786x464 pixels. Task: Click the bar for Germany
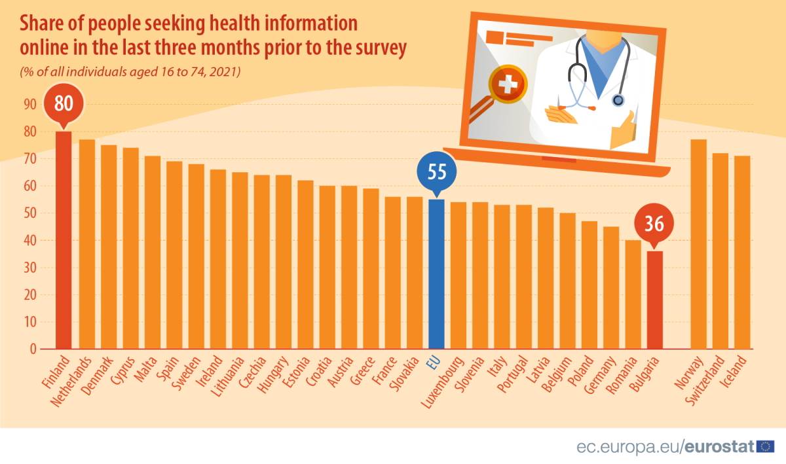point(611,287)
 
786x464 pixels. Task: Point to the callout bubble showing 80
point(63,104)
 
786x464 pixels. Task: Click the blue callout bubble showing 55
point(437,173)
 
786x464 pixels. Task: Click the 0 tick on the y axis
point(33,349)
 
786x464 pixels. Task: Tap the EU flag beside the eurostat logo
point(765,446)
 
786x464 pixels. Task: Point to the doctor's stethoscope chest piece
point(618,101)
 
